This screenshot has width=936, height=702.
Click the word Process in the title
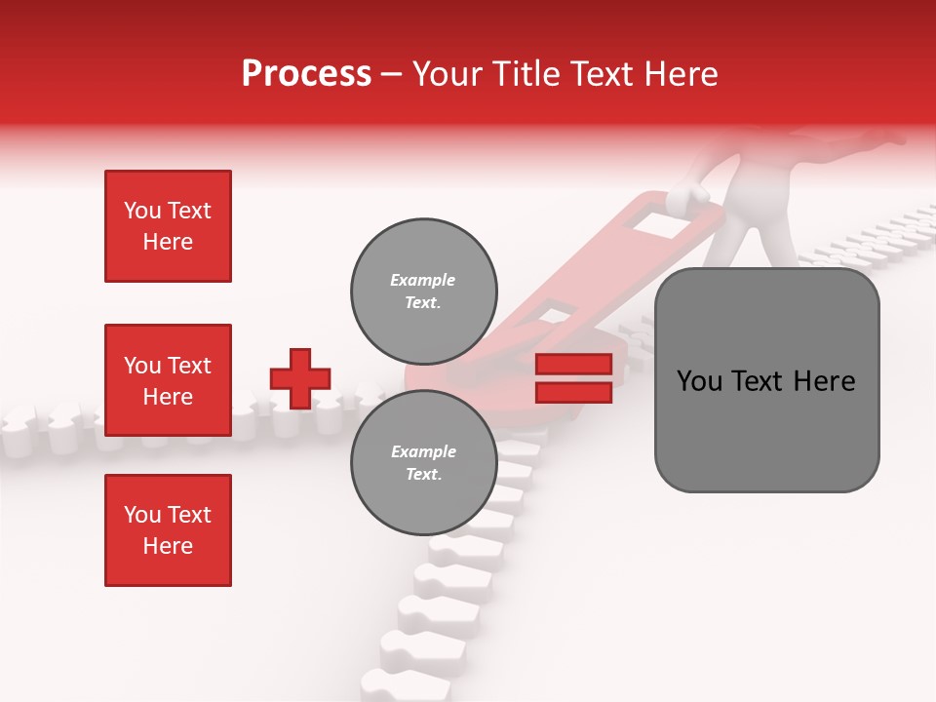click(x=306, y=74)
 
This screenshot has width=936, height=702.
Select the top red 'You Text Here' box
click(x=168, y=226)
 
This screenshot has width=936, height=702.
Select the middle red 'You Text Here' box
click(x=168, y=380)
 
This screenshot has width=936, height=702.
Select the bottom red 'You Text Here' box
click(x=168, y=530)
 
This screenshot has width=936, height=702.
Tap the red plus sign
click(x=300, y=378)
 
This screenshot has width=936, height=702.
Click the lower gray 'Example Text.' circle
click(x=423, y=463)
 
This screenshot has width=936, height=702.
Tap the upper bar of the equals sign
click(x=573, y=365)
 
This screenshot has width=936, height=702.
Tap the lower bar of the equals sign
click(x=573, y=392)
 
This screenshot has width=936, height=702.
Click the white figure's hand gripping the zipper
click(x=690, y=194)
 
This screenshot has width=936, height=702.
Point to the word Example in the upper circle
click(x=423, y=280)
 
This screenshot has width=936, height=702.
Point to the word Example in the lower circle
click(x=423, y=451)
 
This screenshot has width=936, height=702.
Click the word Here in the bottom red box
click(x=168, y=546)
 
